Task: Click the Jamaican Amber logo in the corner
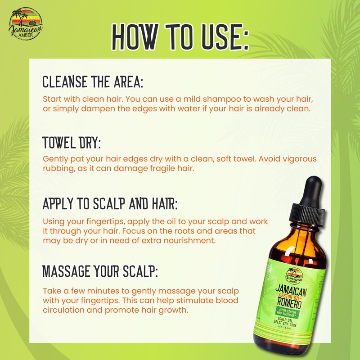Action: point(26,24)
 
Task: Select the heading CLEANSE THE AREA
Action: point(93,82)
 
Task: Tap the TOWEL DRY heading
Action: point(72,142)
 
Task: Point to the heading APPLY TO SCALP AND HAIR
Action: point(110,203)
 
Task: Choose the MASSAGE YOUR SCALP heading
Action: point(100,271)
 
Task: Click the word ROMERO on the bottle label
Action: point(289,302)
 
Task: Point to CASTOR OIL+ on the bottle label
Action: point(290,296)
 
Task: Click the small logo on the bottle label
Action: point(293,275)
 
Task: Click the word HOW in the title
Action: point(135,37)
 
